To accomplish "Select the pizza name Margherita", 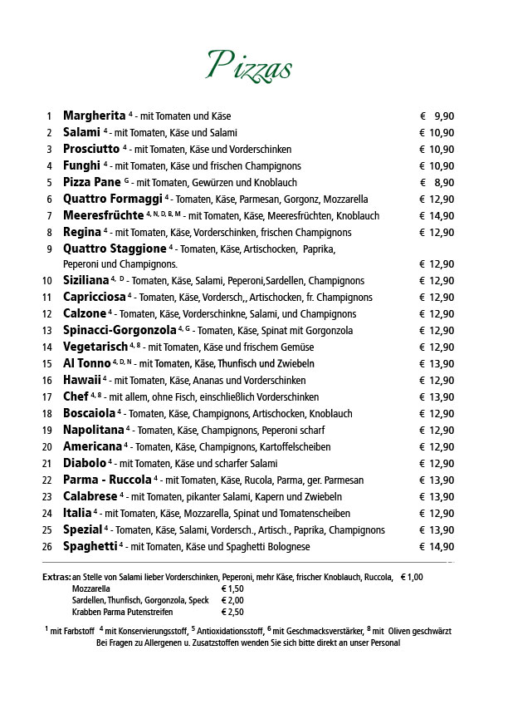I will coord(94,116).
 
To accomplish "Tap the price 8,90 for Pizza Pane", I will coord(443,182).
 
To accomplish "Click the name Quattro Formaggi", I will coord(112,199).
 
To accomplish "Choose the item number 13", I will coord(47,331).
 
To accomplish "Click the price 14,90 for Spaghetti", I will coord(442,546).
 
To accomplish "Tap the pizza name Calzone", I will coord(84,313).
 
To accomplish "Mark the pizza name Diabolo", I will coord(84,463).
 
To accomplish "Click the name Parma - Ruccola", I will coord(107,480).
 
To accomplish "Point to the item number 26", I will coord(47,547).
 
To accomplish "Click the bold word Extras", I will coord(56,577).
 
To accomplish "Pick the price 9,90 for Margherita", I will coord(443,116).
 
